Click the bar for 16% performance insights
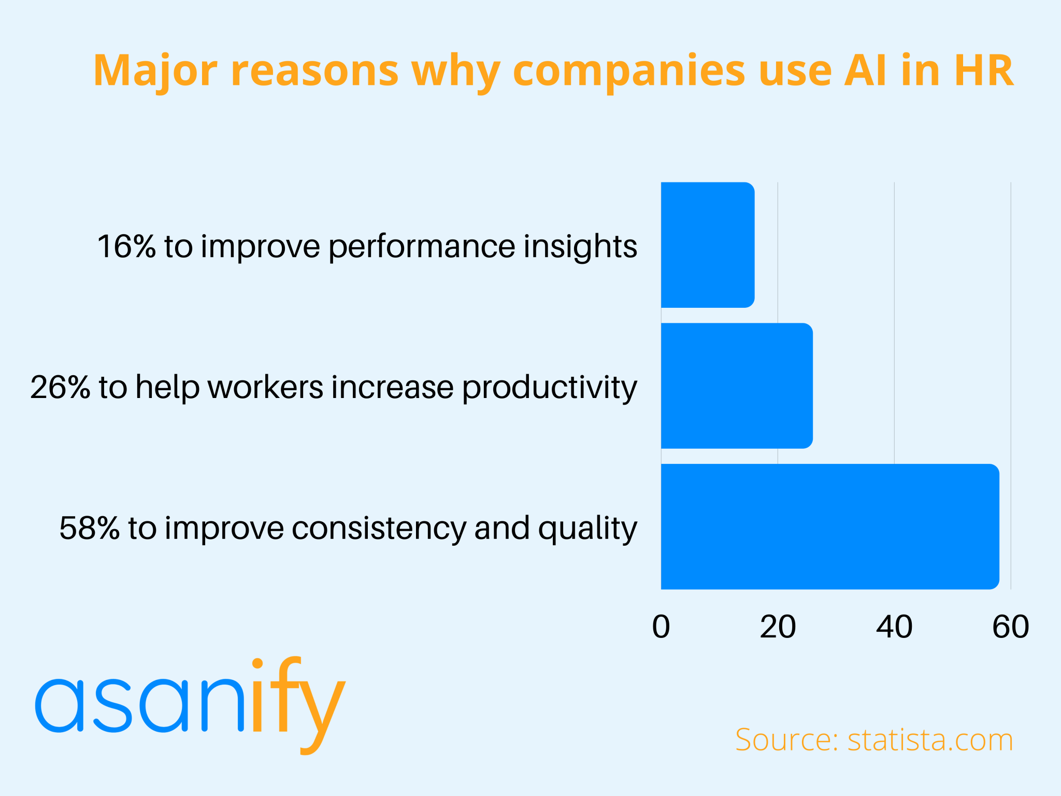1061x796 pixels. click(708, 245)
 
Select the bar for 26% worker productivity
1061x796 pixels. click(737, 386)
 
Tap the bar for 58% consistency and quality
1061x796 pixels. click(830, 527)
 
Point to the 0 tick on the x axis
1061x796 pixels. click(661, 627)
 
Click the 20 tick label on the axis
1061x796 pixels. click(778, 627)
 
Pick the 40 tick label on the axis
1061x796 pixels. click(894, 627)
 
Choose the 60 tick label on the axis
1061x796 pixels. click(1010, 627)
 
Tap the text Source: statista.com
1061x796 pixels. click(874, 740)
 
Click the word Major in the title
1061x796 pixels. click(155, 70)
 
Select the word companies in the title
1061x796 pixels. click(628, 70)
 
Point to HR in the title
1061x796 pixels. click(983, 70)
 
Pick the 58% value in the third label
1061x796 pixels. click(89, 528)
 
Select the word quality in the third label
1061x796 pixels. click(587, 529)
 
